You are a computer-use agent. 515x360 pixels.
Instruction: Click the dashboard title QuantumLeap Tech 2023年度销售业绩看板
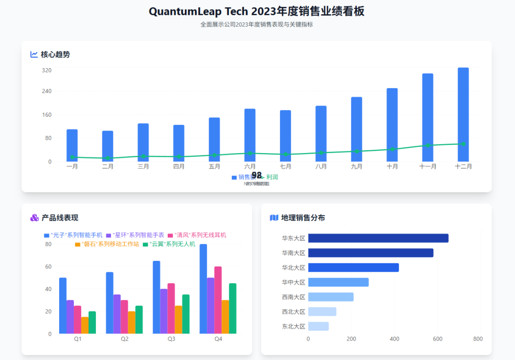(257, 11)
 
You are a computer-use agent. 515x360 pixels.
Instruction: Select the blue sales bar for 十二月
(463, 114)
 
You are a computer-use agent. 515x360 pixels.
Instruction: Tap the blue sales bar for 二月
(108, 146)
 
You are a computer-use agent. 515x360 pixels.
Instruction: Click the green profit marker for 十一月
(428, 145)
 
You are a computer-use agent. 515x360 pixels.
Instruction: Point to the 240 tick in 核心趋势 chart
(46, 91)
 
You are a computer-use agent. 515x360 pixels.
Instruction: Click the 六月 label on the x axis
(250, 166)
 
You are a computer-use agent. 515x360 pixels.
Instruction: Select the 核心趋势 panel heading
(55, 54)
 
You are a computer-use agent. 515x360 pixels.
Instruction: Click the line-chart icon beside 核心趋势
(34, 54)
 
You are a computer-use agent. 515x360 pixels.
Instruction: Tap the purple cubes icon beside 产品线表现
(34, 218)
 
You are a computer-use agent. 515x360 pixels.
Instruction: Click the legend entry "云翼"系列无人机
(169, 244)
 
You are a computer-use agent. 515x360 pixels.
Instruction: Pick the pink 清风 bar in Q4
(218, 300)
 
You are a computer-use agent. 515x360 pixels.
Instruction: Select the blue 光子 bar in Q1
(63, 306)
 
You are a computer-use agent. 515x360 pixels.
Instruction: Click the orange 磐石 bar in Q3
(178, 319)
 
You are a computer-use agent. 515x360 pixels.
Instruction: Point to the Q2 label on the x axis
(124, 339)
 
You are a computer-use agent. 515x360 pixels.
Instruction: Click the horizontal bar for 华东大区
(378, 238)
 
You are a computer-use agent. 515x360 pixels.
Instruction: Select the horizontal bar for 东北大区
(319, 327)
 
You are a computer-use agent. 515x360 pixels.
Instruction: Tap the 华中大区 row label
(293, 282)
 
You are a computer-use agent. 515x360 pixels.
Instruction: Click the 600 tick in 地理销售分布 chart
(438, 339)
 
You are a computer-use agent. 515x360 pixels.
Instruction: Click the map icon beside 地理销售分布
(274, 218)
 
